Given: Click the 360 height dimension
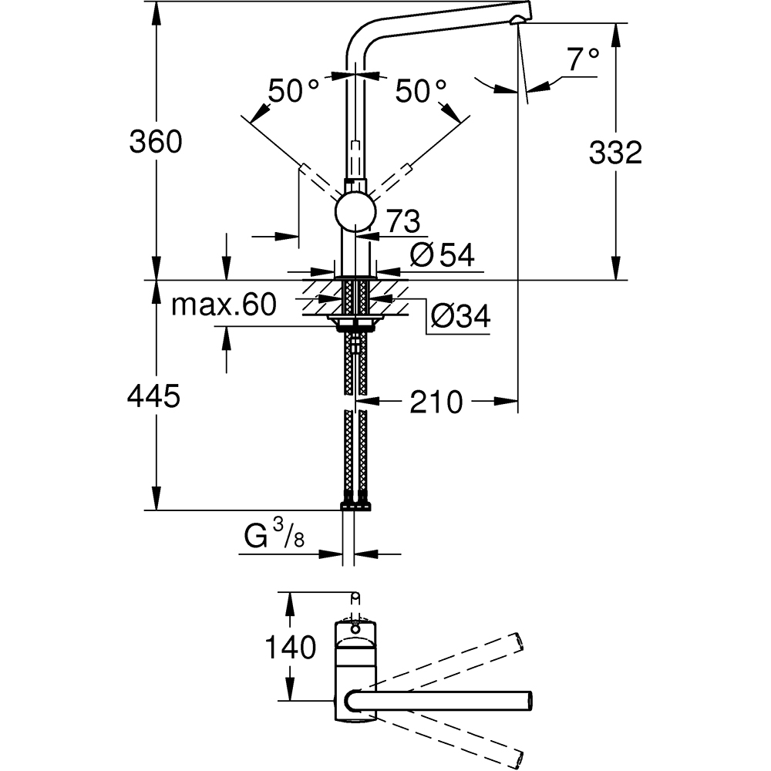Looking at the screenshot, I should [155, 142].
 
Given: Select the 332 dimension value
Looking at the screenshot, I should [614, 153].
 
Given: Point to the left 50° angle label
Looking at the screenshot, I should [293, 93].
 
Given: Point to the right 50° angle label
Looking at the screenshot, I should [421, 93].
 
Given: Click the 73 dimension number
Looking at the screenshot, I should [403, 222].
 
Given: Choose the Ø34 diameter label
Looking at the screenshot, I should [460, 316].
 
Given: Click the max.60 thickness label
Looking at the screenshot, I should [223, 305].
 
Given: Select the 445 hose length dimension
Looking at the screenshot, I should [155, 396].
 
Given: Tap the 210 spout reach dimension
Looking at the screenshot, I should [436, 401].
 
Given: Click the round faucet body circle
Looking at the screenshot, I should [355, 211].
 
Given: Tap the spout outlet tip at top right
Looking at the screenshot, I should [522, 15].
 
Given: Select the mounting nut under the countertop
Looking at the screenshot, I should [355, 319].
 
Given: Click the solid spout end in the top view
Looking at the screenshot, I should [527, 700].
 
